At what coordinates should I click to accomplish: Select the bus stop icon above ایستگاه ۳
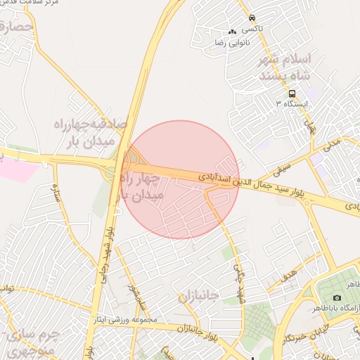pos(292,94)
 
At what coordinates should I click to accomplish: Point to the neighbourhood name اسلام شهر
pos(287,58)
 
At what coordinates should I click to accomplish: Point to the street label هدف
pos(288,278)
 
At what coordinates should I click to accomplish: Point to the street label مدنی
pos(330,144)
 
